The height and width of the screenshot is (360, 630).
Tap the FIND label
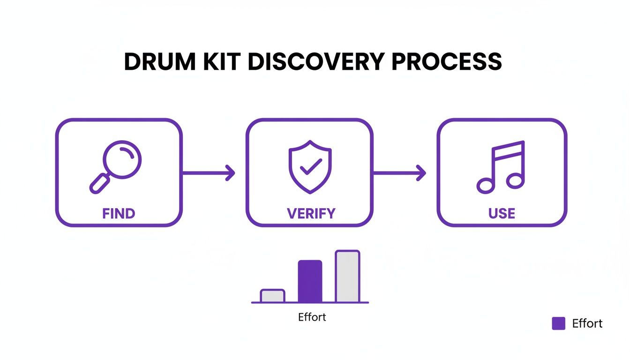click(x=119, y=214)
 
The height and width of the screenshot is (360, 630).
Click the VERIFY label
click(x=311, y=214)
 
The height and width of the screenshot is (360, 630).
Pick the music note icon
click(x=500, y=167)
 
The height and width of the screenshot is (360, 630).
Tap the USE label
click(x=502, y=214)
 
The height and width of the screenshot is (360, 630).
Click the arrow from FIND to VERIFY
click(x=208, y=172)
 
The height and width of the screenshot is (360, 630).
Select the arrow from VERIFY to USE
click(x=399, y=172)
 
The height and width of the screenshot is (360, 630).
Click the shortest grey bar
click(x=272, y=296)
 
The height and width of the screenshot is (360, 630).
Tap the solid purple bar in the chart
click(x=310, y=281)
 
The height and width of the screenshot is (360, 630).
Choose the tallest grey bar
click(x=347, y=277)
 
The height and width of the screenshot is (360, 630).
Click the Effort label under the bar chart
click(x=312, y=317)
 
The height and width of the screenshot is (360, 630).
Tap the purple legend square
click(x=558, y=323)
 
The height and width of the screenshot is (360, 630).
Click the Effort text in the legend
click(x=587, y=323)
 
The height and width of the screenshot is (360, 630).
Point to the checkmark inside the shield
click(x=310, y=166)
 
